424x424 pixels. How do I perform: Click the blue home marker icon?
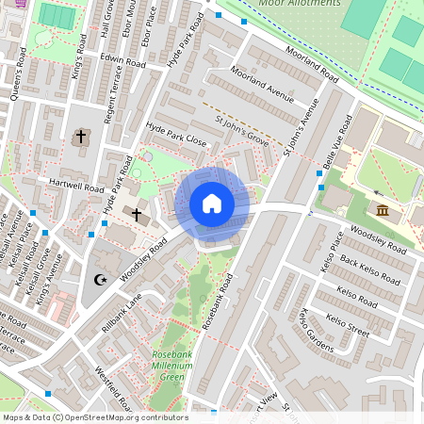point(212,204)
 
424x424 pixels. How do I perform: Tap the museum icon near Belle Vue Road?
point(383,210)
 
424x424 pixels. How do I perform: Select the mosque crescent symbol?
point(101,279)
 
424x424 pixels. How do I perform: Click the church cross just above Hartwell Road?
point(80,138)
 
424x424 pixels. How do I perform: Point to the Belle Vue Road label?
point(336,143)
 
